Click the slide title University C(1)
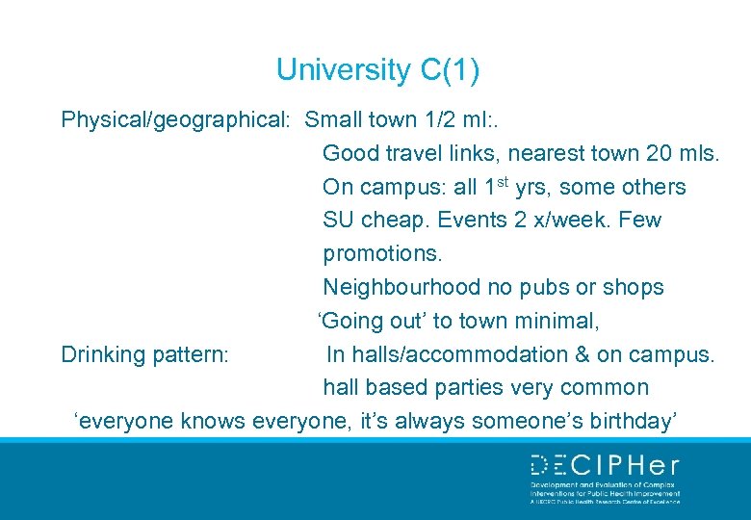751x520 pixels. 377,69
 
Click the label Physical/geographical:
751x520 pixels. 175,120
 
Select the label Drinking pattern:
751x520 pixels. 144,354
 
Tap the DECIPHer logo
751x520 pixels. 605,466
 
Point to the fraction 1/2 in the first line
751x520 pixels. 436,120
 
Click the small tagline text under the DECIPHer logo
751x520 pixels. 605,493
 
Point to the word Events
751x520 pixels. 472,220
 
